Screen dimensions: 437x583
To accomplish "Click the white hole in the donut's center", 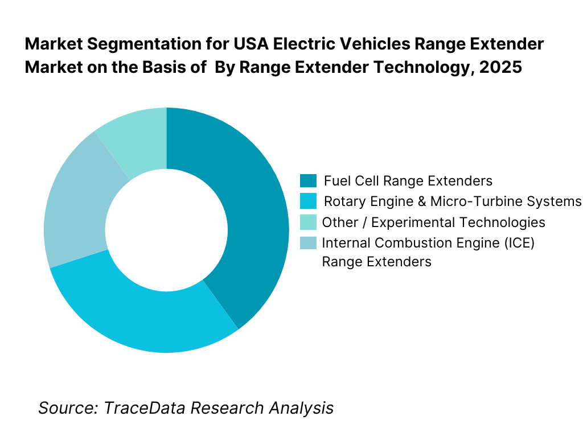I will [166, 230].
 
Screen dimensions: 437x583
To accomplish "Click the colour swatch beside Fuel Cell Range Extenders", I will [308, 181].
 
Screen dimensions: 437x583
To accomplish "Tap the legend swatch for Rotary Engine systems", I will [308, 201].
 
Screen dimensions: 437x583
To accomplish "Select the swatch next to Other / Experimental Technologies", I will [308, 222].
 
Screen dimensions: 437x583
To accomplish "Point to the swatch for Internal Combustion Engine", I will [308, 242].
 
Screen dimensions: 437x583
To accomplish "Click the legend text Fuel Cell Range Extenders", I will [408, 181].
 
